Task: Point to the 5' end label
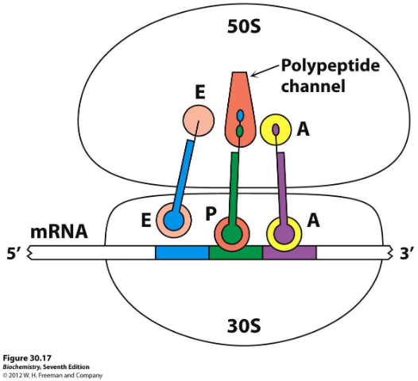(x=14, y=254)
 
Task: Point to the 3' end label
(x=405, y=254)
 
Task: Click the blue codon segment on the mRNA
(x=181, y=253)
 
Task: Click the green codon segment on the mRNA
(x=235, y=253)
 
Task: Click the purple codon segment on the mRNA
(x=289, y=253)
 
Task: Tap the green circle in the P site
(x=232, y=233)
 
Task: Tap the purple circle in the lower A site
(x=283, y=233)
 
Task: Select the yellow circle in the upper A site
(x=276, y=129)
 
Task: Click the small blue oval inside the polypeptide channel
(x=239, y=116)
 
